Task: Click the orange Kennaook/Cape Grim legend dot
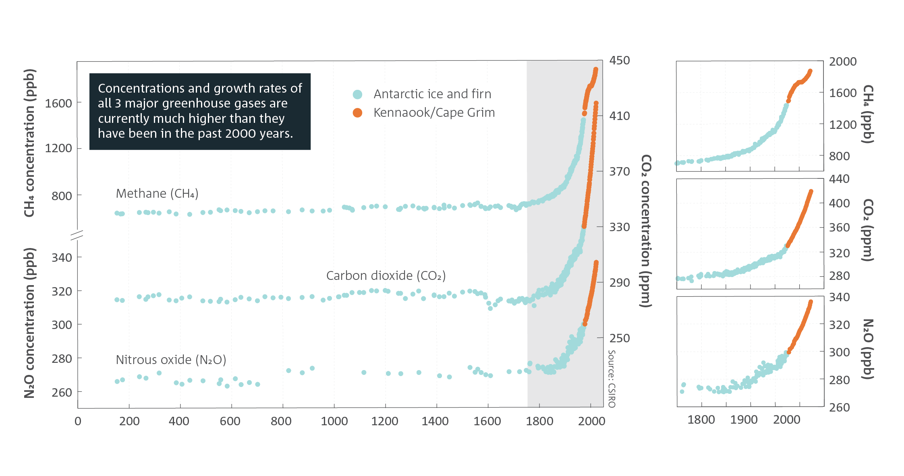[357, 113]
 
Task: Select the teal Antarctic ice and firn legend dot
[357, 94]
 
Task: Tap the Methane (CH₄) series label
[157, 194]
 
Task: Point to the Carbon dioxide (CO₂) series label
[386, 276]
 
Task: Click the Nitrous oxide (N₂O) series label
[171, 360]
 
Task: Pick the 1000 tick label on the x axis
[334, 421]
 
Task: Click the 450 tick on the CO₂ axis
[620, 60]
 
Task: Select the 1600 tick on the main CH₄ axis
[58, 103]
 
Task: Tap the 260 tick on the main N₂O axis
[62, 392]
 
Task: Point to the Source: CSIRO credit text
[612, 379]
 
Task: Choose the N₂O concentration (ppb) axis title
[29, 323]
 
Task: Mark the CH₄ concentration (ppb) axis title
[29, 143]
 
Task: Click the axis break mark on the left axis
[77, 235]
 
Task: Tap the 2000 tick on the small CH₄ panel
[843, 62]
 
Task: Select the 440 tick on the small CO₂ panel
[839, 179]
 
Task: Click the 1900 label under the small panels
[744, 420]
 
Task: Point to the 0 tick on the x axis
[78, 421]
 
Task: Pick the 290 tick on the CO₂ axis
[620, 283]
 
